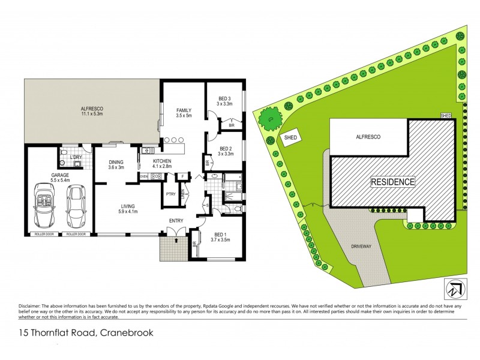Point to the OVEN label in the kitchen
pos(144,176)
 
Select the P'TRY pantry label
pos(170,194)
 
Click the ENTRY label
pos(176,221)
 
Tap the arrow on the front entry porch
pos(176,240)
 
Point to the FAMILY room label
pos(184,110)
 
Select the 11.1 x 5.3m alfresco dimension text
pos(92,114)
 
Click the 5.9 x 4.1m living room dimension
pos(127,211)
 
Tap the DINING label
pos(116,162)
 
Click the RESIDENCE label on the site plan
pos(392,182)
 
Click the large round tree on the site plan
pos(269,119)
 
